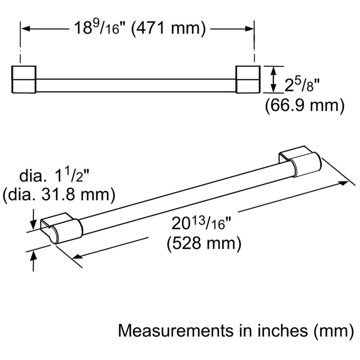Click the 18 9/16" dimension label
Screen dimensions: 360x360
pyautogui.click(x=98, y=28)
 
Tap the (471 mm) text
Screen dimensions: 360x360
pyautogui.click(x=168, y=28)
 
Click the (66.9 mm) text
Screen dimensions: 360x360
pyautogui.click(x=305, y=105)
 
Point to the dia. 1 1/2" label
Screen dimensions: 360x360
pyautogui.click(x=54, y=175)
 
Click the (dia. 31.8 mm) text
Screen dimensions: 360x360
pyautogui.click(x=59, y=195)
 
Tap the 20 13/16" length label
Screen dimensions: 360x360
pyautogui.click(x=201, y=223)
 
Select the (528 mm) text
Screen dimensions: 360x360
pyautogui.click(x=204, y=243)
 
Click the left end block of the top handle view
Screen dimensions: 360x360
pyautogui.click(x=24, y=80)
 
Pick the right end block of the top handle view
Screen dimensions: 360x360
pyautogui.click(x=248, y=80)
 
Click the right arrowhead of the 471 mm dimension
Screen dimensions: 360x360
pyautogui.click(x=249, y=29)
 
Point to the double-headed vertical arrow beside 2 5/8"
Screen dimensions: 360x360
pyautogui.click(x=273, y=80)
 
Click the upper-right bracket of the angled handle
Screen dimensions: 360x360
pyautogui.click(x=300, y=162)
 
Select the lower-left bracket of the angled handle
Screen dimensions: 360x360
pyautogui.click(x=61, y=228)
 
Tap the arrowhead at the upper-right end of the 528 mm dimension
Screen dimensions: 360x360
pyautogui.click(x=344, y=183)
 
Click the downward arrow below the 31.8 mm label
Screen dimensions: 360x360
pyautogui.click(x=34, y=219)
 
